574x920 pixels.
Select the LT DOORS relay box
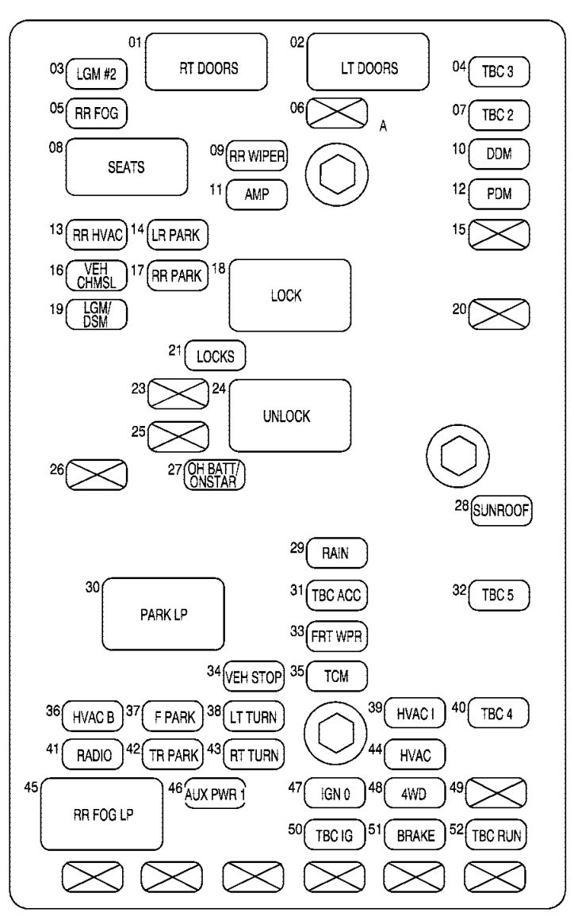(368, 67)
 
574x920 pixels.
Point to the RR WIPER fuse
(257, 155)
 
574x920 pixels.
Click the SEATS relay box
(127, 167)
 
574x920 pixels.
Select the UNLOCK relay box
(290, 416)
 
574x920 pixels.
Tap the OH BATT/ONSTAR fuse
(214, 474)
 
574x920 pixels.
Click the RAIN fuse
(337, 553)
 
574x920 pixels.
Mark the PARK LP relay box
(163, 613)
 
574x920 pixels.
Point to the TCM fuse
(337, 676)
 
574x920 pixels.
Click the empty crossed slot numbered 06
(337, 113)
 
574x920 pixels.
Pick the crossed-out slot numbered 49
(499, 792)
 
